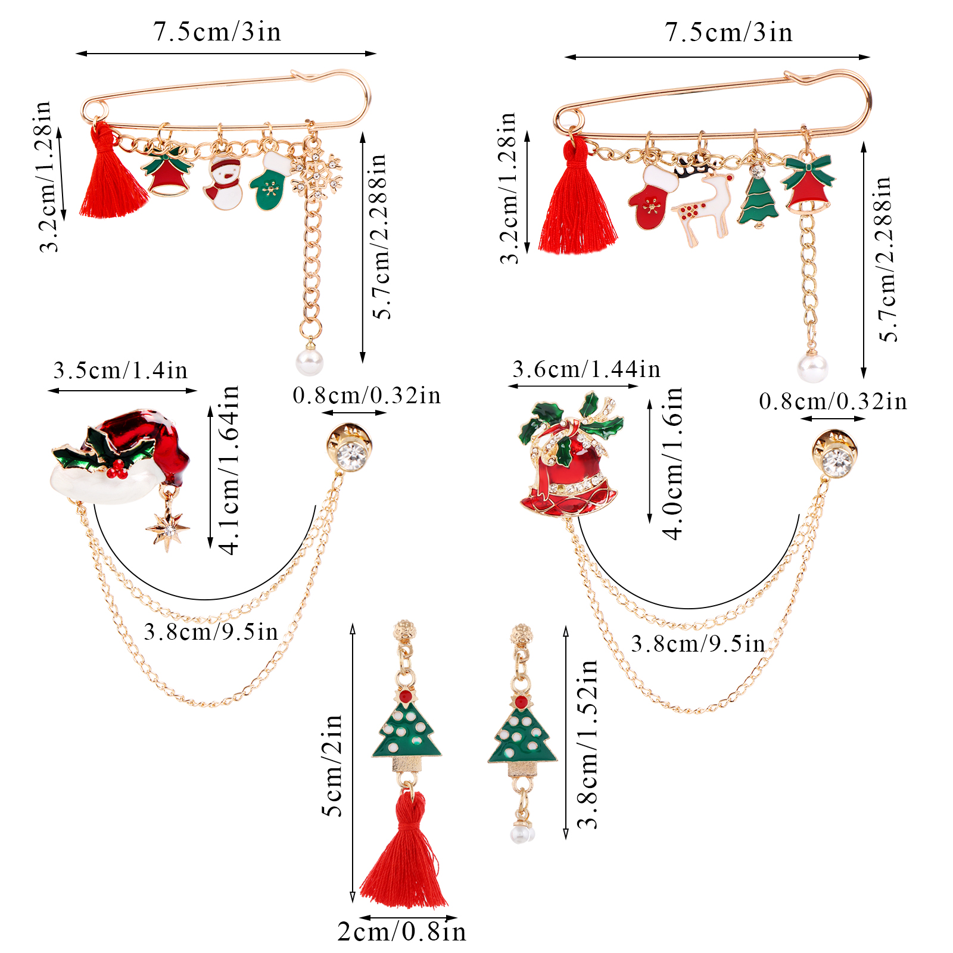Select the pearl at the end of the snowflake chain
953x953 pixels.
pyautogui.click(x=310, y=362)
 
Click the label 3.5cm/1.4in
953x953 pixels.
pyautogui.click(x=120, y=370)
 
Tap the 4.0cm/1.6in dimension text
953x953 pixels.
pyautogui.click(x=672, y=463)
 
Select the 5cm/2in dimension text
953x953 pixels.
pyautogui.click(x=332, y=765)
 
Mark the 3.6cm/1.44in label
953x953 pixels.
pyautogui.click(x=586, y=369)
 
